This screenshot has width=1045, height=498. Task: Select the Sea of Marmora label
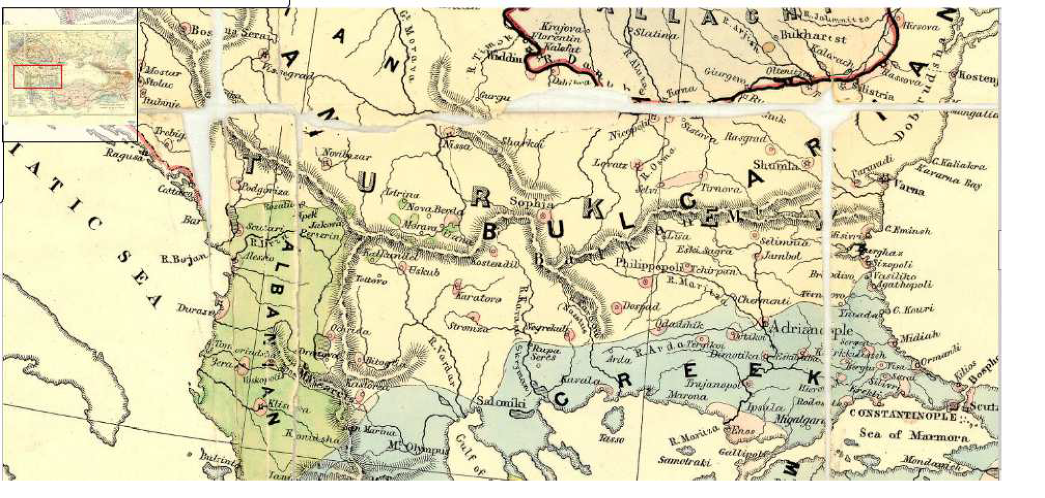click(913, 435)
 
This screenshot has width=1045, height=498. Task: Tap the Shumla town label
click(775, 165)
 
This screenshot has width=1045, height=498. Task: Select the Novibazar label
click(347, 156)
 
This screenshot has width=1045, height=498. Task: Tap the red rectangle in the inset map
click(38, 76)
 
